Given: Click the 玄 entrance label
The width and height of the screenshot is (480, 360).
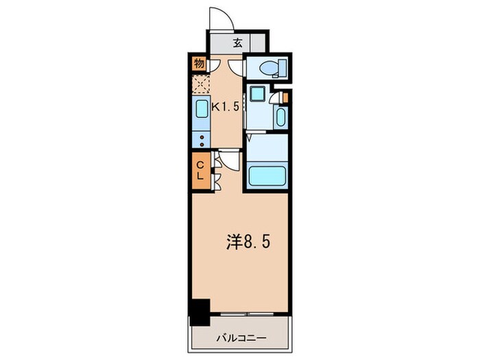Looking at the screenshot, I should [238, 43].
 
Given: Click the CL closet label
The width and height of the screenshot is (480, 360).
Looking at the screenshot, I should [201, 169].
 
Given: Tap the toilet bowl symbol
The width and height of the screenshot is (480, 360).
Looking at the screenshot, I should [270, 68].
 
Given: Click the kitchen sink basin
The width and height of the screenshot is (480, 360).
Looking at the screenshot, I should [202, 111].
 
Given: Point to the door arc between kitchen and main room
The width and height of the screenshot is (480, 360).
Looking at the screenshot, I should [228, 159].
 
